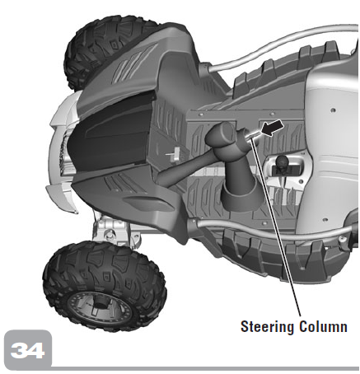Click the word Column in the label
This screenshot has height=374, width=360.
(323, 326)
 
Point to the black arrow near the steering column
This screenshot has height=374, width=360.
(272, 127)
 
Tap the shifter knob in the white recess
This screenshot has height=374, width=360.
(281, 162)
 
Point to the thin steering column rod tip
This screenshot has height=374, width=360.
(254, 134)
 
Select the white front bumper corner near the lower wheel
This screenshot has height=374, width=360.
(61, 196)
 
